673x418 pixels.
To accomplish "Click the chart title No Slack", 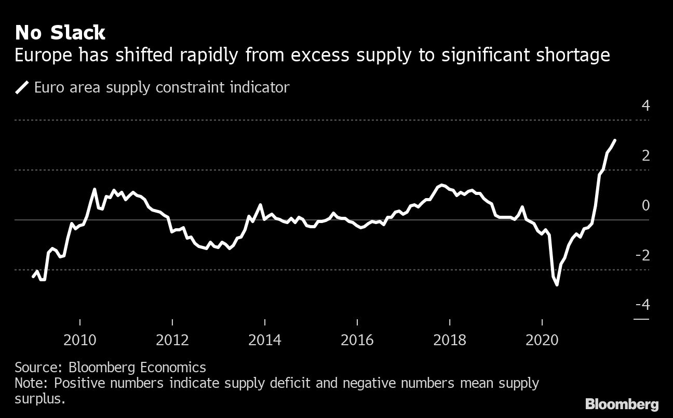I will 60,33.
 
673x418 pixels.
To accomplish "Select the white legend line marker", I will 22,87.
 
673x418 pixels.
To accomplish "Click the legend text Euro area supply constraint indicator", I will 161,87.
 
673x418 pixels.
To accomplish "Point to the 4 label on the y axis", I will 645,106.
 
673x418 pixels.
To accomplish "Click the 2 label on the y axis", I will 645,155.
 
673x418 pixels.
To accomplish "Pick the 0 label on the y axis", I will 645,205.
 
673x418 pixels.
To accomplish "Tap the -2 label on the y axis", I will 642,255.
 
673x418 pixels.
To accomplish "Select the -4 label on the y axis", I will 642,305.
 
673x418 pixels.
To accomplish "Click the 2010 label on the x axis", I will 80,341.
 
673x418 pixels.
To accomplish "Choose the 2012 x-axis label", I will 172,341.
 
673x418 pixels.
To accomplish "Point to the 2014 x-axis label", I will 265,341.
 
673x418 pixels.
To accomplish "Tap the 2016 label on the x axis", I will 357,341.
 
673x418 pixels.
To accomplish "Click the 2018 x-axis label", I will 450,341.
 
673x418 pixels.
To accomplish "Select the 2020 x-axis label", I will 542,341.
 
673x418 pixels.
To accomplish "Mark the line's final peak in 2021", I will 615,140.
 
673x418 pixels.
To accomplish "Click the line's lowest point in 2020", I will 557,285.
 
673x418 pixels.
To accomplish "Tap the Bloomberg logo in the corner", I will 622,404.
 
